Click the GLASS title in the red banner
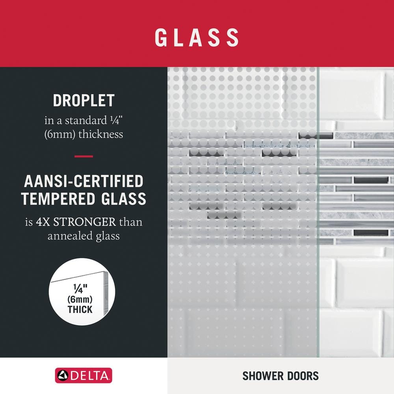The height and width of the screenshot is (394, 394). point(197,37)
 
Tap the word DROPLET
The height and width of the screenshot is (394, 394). point(84,100)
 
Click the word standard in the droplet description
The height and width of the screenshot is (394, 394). point(86,120)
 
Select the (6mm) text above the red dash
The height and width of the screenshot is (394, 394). point(60,134)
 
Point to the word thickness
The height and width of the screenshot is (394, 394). point(101,134)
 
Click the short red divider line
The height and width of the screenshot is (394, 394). point(84,156)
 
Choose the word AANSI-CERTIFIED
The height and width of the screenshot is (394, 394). point(84,181)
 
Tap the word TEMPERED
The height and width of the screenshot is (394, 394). point(58,199)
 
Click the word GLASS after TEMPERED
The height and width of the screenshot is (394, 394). point(124,199)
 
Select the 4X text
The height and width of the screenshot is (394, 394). point(43,222)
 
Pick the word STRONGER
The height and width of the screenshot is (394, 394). point(85,222)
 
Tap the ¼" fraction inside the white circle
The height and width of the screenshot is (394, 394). point(80,289)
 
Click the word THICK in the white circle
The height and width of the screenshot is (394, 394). point(80,309)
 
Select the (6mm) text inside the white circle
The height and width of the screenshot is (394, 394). point(80,299)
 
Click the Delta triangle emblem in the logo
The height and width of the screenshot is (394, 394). point(63,375)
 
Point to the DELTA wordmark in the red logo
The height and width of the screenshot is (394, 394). point(90,376)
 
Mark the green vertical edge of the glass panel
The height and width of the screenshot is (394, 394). point(318,212)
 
